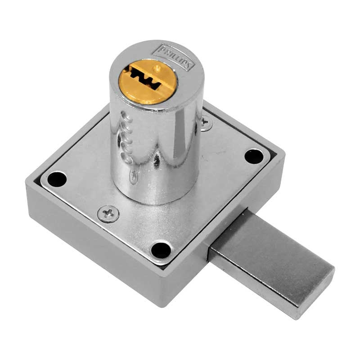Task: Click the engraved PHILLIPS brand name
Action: pos(173,58)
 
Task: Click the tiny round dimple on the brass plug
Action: pos(157,68)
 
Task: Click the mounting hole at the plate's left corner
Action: pos(57,179)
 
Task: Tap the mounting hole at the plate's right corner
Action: pos(254,156)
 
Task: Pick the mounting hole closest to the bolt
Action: pos(161,249)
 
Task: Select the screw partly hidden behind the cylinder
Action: pos(206,121)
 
